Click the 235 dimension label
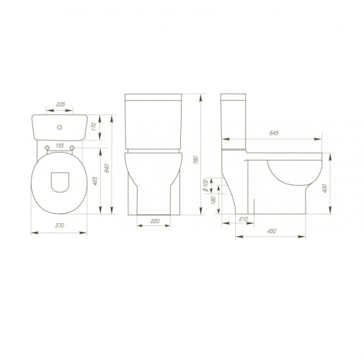(61, 104)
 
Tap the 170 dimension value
(94, 127)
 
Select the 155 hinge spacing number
(60, 145)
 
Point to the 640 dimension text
(107, 168)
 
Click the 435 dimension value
(95, 181)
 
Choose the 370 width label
(60, 225)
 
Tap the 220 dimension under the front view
(155, 221)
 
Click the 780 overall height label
(196, 160)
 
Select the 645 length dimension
(274, 133)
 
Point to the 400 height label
(324, 189)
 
